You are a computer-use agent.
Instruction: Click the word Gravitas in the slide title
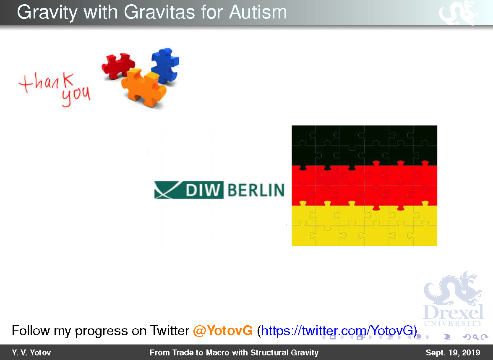click(159, 12)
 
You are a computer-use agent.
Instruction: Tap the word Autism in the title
click(258, 12)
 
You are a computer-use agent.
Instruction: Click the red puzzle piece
click(117, 65)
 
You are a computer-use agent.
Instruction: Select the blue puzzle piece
click(165, 65)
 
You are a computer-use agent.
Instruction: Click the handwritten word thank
click(46, 82)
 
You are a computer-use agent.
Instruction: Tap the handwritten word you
click(76, 96)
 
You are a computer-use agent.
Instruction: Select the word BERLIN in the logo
click(256, 190)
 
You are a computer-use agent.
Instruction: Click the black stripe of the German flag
click(365, 145)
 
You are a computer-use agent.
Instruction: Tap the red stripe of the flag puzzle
click(365, 185)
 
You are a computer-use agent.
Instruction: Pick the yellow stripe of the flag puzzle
click(365, 226)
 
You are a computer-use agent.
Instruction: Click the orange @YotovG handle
click(223, 331)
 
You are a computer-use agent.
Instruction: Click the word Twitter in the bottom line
click(170, 331)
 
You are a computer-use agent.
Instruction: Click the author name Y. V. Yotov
click(31, 352)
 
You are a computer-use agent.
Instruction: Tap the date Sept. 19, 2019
click(453, 352)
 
